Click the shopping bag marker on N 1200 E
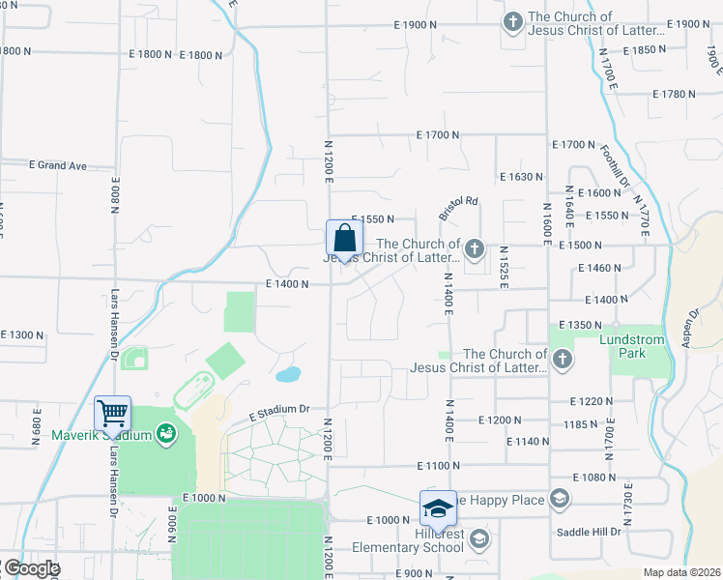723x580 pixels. coord(344,239)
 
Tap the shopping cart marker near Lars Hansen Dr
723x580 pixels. coord(113,414)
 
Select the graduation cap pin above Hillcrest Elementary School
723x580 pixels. coord(438,507)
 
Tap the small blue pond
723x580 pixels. coord(287,373)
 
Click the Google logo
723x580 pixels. coord(30,568)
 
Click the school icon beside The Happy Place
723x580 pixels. coord(559,499)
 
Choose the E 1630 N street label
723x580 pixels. coord(522,177)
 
